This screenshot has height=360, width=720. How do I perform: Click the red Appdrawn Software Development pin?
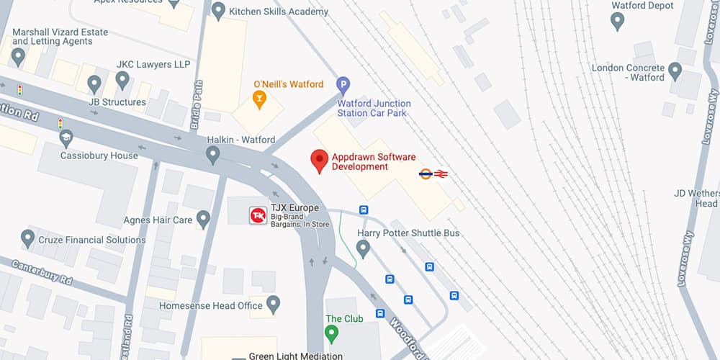(x=319, y=161)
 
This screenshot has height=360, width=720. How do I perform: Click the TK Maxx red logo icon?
(x=257, y=215)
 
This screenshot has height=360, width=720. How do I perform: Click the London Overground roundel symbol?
(x=426, y=174)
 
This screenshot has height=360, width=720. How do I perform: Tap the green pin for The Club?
(x=331, y=333)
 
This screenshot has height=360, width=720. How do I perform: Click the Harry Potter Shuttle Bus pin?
(x=363, y=248)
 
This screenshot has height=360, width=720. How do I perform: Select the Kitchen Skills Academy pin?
(x=217, y=11)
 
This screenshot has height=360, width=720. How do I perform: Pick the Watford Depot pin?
(x=617, y=21)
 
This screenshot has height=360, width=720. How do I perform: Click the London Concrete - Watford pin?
(x=675, y=71)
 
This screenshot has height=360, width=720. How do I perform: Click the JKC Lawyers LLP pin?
(x=122, y=79)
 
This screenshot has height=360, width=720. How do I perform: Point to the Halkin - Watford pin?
(x=212, y=154)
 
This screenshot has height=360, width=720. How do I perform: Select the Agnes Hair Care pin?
(x=203, y=219)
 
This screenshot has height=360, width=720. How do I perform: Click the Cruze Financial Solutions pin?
(x=28, y=238)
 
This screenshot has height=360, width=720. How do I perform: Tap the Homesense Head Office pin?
(x=273, y=304)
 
